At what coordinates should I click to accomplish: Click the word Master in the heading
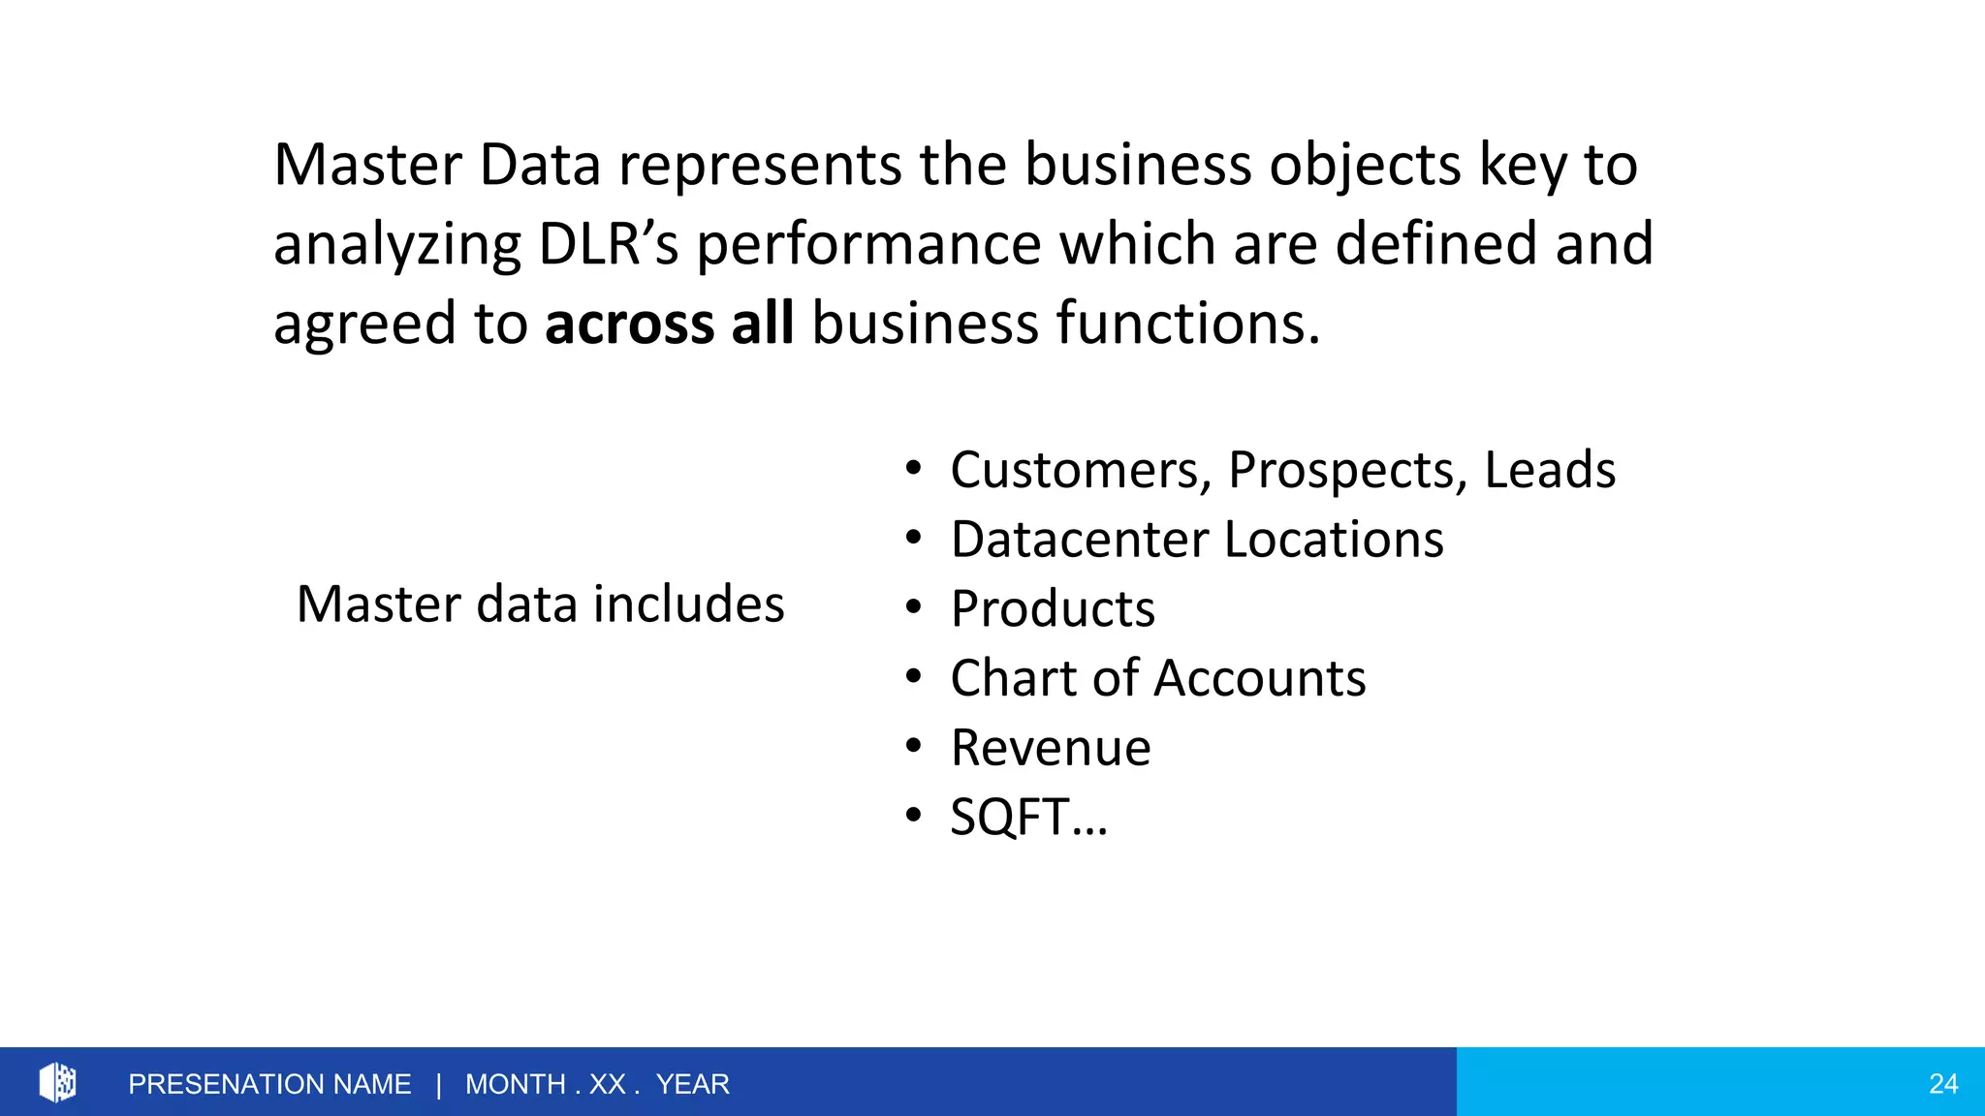point(367,165)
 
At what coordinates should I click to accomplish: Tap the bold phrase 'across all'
point(669,323)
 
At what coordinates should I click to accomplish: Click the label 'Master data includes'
point(540,604)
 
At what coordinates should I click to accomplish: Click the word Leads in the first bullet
point(1549,470)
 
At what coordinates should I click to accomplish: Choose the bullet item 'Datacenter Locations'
point(1197,540)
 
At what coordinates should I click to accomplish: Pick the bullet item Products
point(1053,609)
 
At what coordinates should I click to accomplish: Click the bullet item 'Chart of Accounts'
point(1158,678)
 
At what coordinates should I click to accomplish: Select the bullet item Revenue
point(1051,748)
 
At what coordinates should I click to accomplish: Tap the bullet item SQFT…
point(1027,817)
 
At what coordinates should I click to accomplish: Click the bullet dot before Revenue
point(913,747)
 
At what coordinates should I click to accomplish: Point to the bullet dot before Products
point(913,607)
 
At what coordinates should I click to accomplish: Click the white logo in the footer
point(57,1082)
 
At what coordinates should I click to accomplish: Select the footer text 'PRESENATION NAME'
point(269,1084)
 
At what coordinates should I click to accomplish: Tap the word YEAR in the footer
point(692,1084)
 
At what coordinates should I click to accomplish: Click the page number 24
point(1942,1084)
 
